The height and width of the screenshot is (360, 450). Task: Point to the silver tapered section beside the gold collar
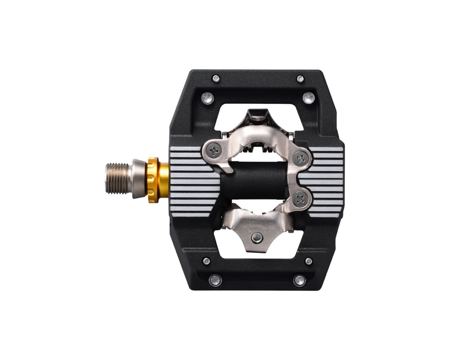point(139,179)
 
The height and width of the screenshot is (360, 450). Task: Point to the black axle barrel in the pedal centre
point(255,181)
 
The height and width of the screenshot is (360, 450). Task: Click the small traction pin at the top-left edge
point(215,78)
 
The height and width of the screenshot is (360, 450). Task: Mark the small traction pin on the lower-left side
point(206,261)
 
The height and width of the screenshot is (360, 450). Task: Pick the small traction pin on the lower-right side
point(308,261)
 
